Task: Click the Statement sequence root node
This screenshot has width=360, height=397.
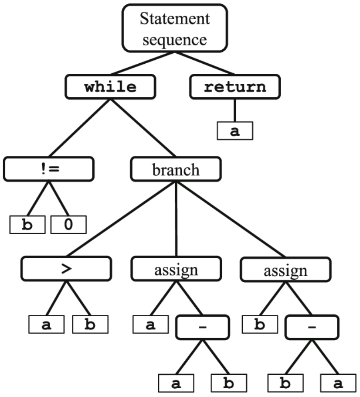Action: pos(175,28)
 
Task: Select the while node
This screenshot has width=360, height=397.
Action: pos(110,86)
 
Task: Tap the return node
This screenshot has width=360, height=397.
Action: pos(235,86)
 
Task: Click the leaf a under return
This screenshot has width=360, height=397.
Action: pos(235,130)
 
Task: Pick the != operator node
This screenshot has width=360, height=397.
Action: pos(49,169)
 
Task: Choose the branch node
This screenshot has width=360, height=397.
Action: pos(176,169)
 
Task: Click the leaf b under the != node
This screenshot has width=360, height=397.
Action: pos(27,225)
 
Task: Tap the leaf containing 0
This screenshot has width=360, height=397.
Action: pos(68,225)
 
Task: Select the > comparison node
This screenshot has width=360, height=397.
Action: pos(66,269)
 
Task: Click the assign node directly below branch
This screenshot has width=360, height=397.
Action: pos(177,269)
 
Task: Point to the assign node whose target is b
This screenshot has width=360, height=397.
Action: pos(285,270)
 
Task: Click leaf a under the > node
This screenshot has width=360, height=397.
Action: pos(47,324)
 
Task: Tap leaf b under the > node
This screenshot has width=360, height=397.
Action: pos(90,324)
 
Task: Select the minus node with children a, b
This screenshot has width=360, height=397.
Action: pos(203,327)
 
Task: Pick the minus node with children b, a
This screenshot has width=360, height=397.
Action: pos(312,327)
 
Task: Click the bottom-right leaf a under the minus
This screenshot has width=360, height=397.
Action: pos(338,383)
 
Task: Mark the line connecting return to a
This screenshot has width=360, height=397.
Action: pos(235,110)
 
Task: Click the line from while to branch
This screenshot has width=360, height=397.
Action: pos(143,128)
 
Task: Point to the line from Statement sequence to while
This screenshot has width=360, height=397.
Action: pos(143,63)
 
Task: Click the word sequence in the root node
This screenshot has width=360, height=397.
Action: pos(175,40)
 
